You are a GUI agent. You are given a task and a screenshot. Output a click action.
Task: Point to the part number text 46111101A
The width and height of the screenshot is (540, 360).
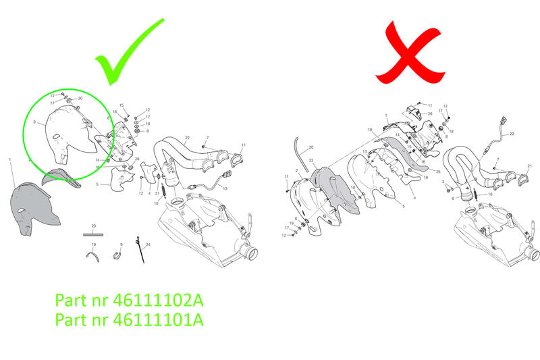128,319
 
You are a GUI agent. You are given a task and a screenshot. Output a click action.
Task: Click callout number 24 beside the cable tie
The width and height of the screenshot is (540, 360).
148,244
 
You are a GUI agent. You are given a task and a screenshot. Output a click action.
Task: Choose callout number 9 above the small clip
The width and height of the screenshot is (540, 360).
121,244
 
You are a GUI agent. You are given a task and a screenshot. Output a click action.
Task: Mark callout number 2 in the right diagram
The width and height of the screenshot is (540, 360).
296,171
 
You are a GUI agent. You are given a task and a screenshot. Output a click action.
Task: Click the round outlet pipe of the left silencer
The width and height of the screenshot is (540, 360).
250,255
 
